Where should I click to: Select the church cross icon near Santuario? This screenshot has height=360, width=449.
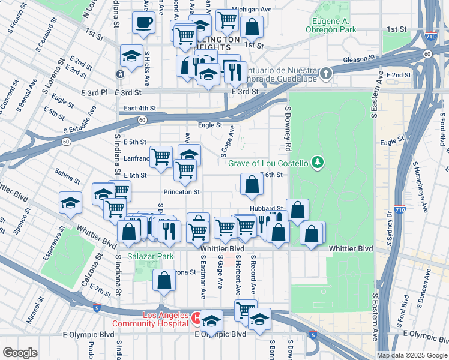pos(325,74)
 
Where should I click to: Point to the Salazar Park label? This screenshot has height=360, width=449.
pos(150,256)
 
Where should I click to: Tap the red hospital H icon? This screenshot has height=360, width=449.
pos(196,316)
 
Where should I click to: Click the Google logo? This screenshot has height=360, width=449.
pos(20,352)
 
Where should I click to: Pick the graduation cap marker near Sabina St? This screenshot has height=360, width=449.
pos(70,203)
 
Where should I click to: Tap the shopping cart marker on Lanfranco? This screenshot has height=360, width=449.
pos(161,158)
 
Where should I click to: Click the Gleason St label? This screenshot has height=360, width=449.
pos(359,59)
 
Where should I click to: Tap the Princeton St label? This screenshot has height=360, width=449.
pos(181,192)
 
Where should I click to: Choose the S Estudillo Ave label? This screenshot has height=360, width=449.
pos(80,120)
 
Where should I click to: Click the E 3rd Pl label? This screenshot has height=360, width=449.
pos(94,92)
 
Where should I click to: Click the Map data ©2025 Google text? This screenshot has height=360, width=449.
pos(411,355)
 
